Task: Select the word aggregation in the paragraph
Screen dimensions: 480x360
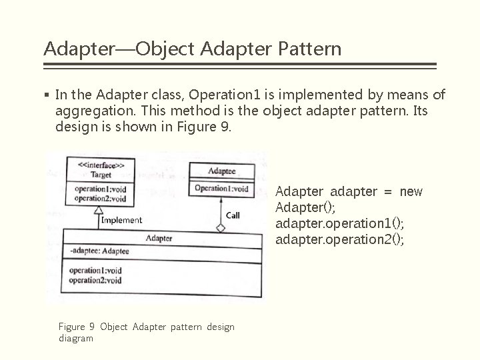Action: coord(89,111)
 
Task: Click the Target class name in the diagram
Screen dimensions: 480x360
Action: coord(101,175)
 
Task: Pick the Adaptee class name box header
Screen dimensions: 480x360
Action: coord(221,171)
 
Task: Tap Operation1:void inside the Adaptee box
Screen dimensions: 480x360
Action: coord(221,189)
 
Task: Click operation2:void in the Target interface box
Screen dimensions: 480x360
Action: coord(100,198)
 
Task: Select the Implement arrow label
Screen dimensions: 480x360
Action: coord(121,220)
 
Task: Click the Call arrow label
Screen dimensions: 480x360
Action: coord(233,215)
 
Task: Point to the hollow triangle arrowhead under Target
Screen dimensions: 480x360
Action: coord(98,211)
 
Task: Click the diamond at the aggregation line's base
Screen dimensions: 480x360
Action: coord(221,228)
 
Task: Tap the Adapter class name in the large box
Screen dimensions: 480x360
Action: coord(159,238)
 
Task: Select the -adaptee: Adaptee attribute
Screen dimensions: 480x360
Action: coord(99,252)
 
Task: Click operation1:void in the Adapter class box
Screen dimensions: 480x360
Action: coord(95,271)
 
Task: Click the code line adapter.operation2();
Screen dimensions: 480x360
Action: coord(339,239)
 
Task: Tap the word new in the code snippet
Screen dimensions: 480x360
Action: coord(411,192)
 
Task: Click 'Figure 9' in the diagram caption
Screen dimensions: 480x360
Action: coord(76,327)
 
